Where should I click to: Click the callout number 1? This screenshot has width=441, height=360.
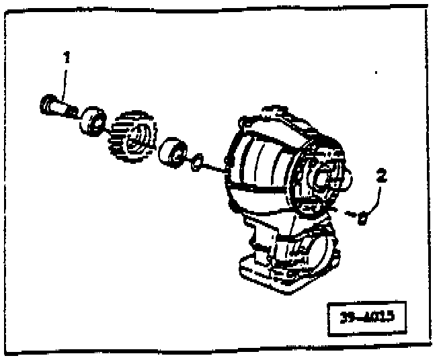(x=67, y=58)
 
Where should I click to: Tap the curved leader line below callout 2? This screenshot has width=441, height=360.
(x=377, y=197)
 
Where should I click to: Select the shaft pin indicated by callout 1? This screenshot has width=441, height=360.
(x=58, y=106)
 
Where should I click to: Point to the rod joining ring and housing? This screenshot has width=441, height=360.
(x=214, y=167)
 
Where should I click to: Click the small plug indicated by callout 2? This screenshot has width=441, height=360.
(x=362, y=217)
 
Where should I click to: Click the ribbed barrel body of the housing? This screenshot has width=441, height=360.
(x=262, y=165)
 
